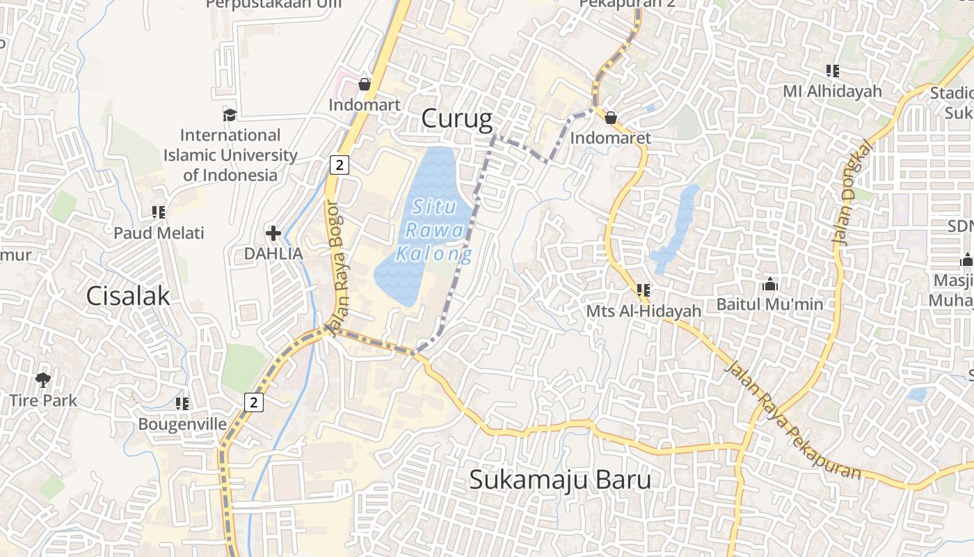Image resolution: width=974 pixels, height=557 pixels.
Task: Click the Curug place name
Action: [456, 119]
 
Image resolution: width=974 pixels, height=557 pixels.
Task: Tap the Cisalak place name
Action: [128, 296]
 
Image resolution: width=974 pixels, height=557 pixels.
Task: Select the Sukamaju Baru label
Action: [560, 479]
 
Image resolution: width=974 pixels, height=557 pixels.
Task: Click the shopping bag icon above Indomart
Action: [364, 84]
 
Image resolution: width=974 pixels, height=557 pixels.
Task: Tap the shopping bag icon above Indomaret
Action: [610, 118]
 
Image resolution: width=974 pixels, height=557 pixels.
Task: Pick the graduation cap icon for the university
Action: [230, 114]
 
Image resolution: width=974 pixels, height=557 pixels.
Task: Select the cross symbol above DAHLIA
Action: [273, 233]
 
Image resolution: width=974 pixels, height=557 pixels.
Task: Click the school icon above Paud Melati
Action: [159, 212]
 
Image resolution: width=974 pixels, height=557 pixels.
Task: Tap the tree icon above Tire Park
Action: [43, 379]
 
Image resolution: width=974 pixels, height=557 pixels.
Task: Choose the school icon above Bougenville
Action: [182, 404]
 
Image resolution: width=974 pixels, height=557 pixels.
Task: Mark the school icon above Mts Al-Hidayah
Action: [643, 290]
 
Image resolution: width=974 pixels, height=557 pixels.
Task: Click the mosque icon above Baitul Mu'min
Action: [769, 284]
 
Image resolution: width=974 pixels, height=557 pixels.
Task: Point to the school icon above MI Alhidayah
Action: [832, 70]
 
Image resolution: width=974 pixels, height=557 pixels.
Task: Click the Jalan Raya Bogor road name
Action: [342, 269]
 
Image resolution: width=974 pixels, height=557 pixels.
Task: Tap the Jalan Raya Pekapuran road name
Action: [793, 421]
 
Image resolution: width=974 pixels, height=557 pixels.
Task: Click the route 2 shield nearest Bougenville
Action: [254, 402]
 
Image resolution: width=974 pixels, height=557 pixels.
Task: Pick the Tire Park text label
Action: [43, 400]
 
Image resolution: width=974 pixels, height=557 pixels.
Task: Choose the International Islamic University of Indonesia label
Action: [230, 155]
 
